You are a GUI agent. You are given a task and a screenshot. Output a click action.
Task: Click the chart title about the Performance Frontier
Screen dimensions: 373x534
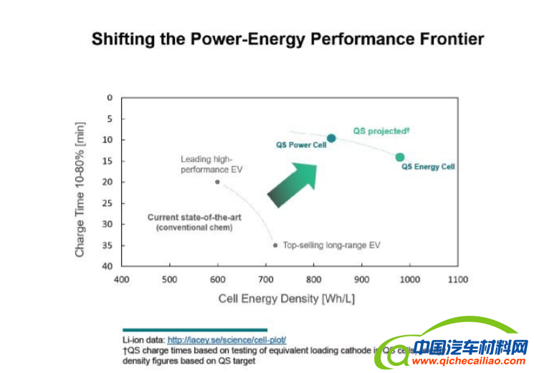tap(287, 39)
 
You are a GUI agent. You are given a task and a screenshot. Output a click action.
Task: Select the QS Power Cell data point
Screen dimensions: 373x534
tap(331, 138)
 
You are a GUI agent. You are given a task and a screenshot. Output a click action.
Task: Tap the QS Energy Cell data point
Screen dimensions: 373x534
tap(400, 158)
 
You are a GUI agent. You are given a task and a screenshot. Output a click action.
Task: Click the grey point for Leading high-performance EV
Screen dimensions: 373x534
tap(217, 182)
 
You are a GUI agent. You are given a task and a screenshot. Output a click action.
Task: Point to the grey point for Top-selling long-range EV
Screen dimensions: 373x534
tap(275, 245)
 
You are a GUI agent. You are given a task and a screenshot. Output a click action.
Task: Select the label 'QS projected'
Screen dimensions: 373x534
tap(381, 131)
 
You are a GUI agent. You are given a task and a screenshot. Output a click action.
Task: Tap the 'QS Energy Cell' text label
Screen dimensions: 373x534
tap(429, 167)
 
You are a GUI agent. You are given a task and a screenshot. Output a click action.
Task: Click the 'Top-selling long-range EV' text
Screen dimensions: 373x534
tap(332, 245)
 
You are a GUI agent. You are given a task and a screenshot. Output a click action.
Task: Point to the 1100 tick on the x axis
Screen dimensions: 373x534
tap(457, 280)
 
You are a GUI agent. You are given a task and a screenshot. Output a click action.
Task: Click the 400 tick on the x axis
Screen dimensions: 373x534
tap(121, 280)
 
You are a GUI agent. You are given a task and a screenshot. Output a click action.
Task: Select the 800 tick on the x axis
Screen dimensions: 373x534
tap(313, 280)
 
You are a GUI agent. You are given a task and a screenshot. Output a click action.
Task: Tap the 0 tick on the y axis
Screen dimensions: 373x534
tap(110, 97)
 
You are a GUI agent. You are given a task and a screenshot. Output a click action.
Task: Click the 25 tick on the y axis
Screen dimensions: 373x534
tap(108, 203)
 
